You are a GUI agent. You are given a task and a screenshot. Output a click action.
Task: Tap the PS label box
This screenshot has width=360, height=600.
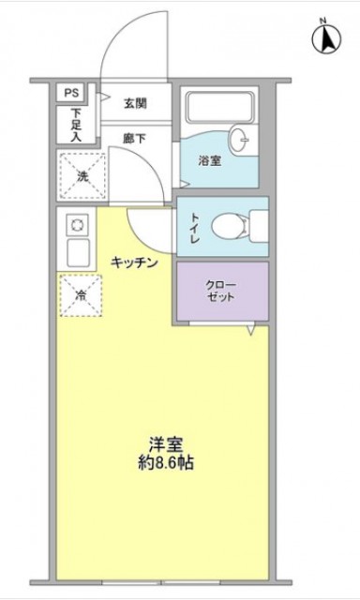[70, 93]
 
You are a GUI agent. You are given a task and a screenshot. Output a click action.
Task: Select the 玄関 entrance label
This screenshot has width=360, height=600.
[135, 103]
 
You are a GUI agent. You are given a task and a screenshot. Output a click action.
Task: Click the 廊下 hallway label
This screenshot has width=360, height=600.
[134, 138]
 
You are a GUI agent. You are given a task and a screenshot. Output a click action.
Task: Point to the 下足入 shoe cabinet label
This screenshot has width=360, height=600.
[76, 125]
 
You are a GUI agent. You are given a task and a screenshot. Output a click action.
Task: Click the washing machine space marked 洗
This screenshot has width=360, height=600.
[82, 175]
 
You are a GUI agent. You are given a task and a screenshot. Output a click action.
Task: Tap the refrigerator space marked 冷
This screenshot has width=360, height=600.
[81, 295]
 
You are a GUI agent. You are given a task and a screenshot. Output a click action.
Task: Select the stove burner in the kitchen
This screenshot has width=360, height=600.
[78, 225]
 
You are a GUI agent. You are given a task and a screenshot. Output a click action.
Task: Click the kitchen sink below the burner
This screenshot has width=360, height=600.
[78, 252]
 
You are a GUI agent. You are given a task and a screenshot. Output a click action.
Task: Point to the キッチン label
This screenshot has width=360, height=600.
[134, 262]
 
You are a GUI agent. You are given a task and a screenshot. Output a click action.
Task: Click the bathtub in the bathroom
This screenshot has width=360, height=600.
[219, 106]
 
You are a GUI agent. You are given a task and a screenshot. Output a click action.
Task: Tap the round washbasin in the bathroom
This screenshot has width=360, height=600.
[239, 140]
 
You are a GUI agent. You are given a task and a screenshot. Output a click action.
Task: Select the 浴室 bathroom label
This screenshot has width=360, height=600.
[210, 160]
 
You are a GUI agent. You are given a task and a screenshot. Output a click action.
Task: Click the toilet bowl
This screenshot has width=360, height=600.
[231, 227]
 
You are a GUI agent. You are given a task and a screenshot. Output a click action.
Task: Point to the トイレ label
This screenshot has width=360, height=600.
[195, 229]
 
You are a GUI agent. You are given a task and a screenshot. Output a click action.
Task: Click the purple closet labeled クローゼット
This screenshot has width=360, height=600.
[222, 291]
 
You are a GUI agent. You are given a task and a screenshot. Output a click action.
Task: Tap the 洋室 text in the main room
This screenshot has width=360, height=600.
[166, 443]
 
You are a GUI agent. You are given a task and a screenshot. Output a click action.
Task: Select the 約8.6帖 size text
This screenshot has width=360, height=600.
[166, 463]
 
